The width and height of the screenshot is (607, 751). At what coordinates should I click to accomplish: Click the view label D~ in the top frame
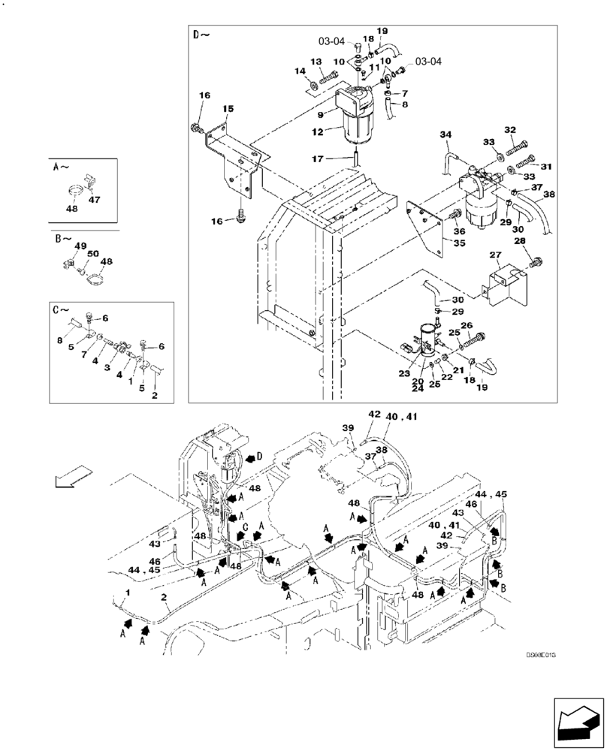point(201,36)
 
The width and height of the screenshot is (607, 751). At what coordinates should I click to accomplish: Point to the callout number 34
point(445,135)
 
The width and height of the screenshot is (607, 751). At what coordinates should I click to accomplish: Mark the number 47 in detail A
point(95,201)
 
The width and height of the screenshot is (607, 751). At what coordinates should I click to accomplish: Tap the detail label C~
point(61,309)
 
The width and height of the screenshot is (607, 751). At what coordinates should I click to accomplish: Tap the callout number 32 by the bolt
point(511,130)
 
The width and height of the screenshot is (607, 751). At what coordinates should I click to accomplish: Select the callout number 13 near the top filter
point(316,62)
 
